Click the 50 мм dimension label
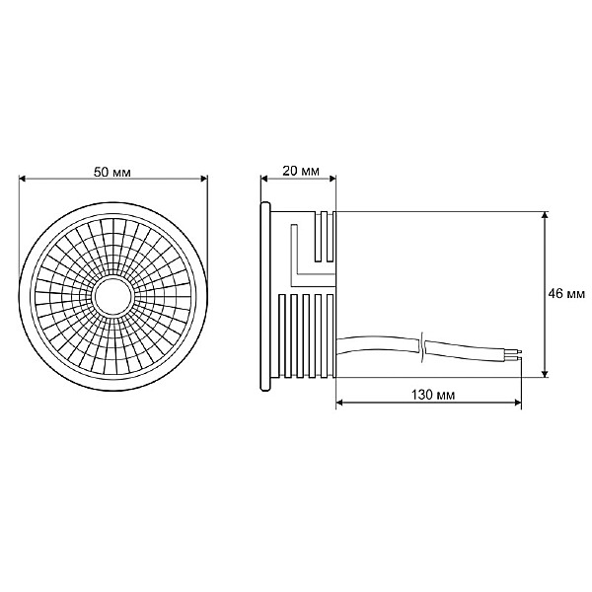tap(113, 171)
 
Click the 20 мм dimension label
tap(300, 171)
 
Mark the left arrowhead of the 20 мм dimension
tap(264, 179)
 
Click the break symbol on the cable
tap(422, 345)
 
